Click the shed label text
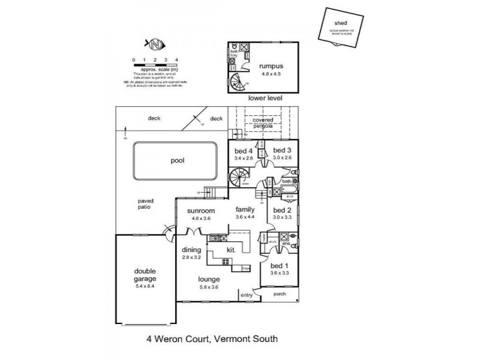tap(340, 24)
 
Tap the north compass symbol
tap(155, 44)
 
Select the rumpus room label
tap(271, 66)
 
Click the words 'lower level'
tap(264, 98)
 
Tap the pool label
tap(176, 161)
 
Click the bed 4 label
tap(244, 150)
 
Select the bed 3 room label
tap(281, 150)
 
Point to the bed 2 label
tap(281, 211)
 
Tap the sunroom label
tap(200, 211)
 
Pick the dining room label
tap(191, 250)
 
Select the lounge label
tap(209, 280)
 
